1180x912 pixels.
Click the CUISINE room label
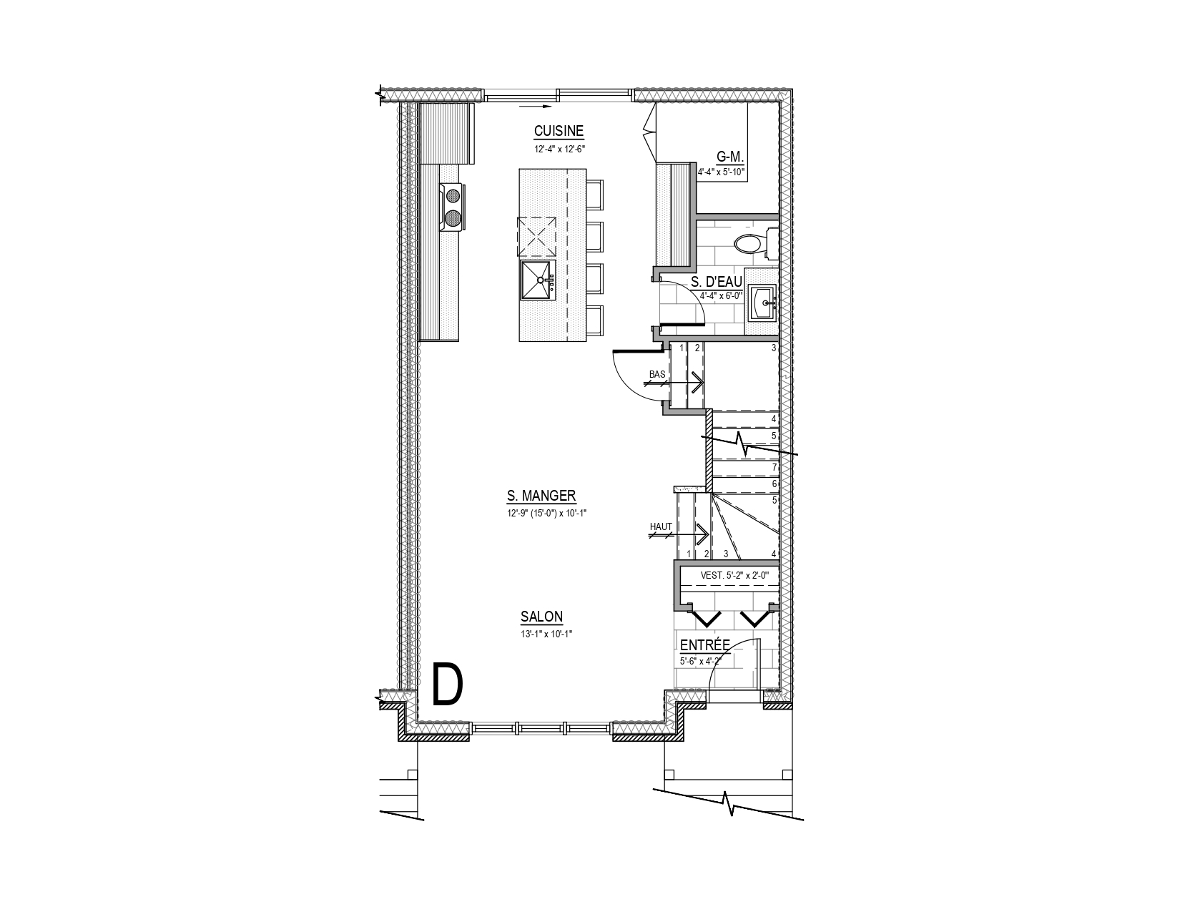click(x=559, y=131)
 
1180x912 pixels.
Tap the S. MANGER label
click(x=541, y=496)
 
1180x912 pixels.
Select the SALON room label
click(x=541, y=617)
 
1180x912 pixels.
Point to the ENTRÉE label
click(x=705, y=645)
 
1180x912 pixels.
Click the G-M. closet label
click(x=730, y=157)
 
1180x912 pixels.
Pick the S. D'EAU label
click(x=717, y=282)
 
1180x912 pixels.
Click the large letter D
click(x=448, y=685)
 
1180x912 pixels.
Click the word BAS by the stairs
click(x=657, y=375)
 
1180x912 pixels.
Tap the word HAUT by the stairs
click(x=661, y=527)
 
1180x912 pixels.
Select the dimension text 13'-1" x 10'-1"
click(x=546, y=634)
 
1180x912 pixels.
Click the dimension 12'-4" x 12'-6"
click(x=559, y=148)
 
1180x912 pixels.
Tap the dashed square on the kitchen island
click(x=536, y=237)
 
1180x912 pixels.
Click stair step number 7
click(x=774, y=467)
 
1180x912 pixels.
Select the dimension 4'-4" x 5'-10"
click(x=722, y=172)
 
